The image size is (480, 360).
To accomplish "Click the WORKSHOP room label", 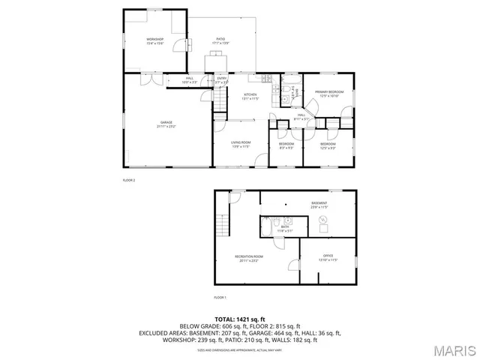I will click(155, 40).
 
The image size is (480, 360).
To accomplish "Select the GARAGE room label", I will click(166, 124).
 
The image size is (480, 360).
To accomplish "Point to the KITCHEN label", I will click(250, 96).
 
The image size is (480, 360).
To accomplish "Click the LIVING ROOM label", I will click(240, 144).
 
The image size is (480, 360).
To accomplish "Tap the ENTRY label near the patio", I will click(222, 79).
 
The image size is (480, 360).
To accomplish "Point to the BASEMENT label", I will click(319, 204).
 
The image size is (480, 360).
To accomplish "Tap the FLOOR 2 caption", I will click(129, 180).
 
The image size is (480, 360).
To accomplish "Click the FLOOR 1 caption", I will click(304, 296).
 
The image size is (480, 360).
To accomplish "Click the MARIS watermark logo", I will click(454, 349).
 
